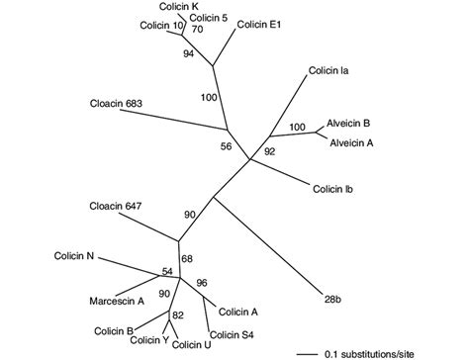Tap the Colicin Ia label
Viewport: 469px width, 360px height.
[328, 70]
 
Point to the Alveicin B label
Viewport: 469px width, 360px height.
[350, 125]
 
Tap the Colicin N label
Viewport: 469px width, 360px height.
[74, 257]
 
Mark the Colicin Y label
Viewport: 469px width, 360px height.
[149, 341]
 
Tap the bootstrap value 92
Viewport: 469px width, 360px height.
[268, 151]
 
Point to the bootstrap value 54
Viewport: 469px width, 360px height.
[166, 270]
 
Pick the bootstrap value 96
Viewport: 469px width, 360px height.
[204, 283]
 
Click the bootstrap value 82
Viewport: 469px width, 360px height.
[179, 315]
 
